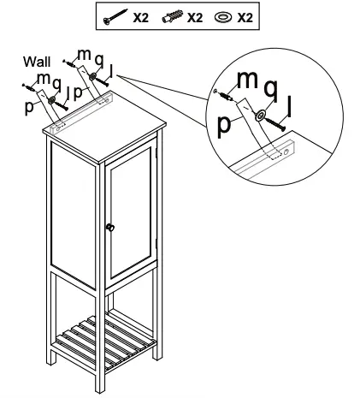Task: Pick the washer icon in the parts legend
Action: coord(221,16)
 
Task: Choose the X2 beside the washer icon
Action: coord(244,16)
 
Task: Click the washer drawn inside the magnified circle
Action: coord(258,113)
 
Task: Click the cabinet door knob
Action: coord(109,227)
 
